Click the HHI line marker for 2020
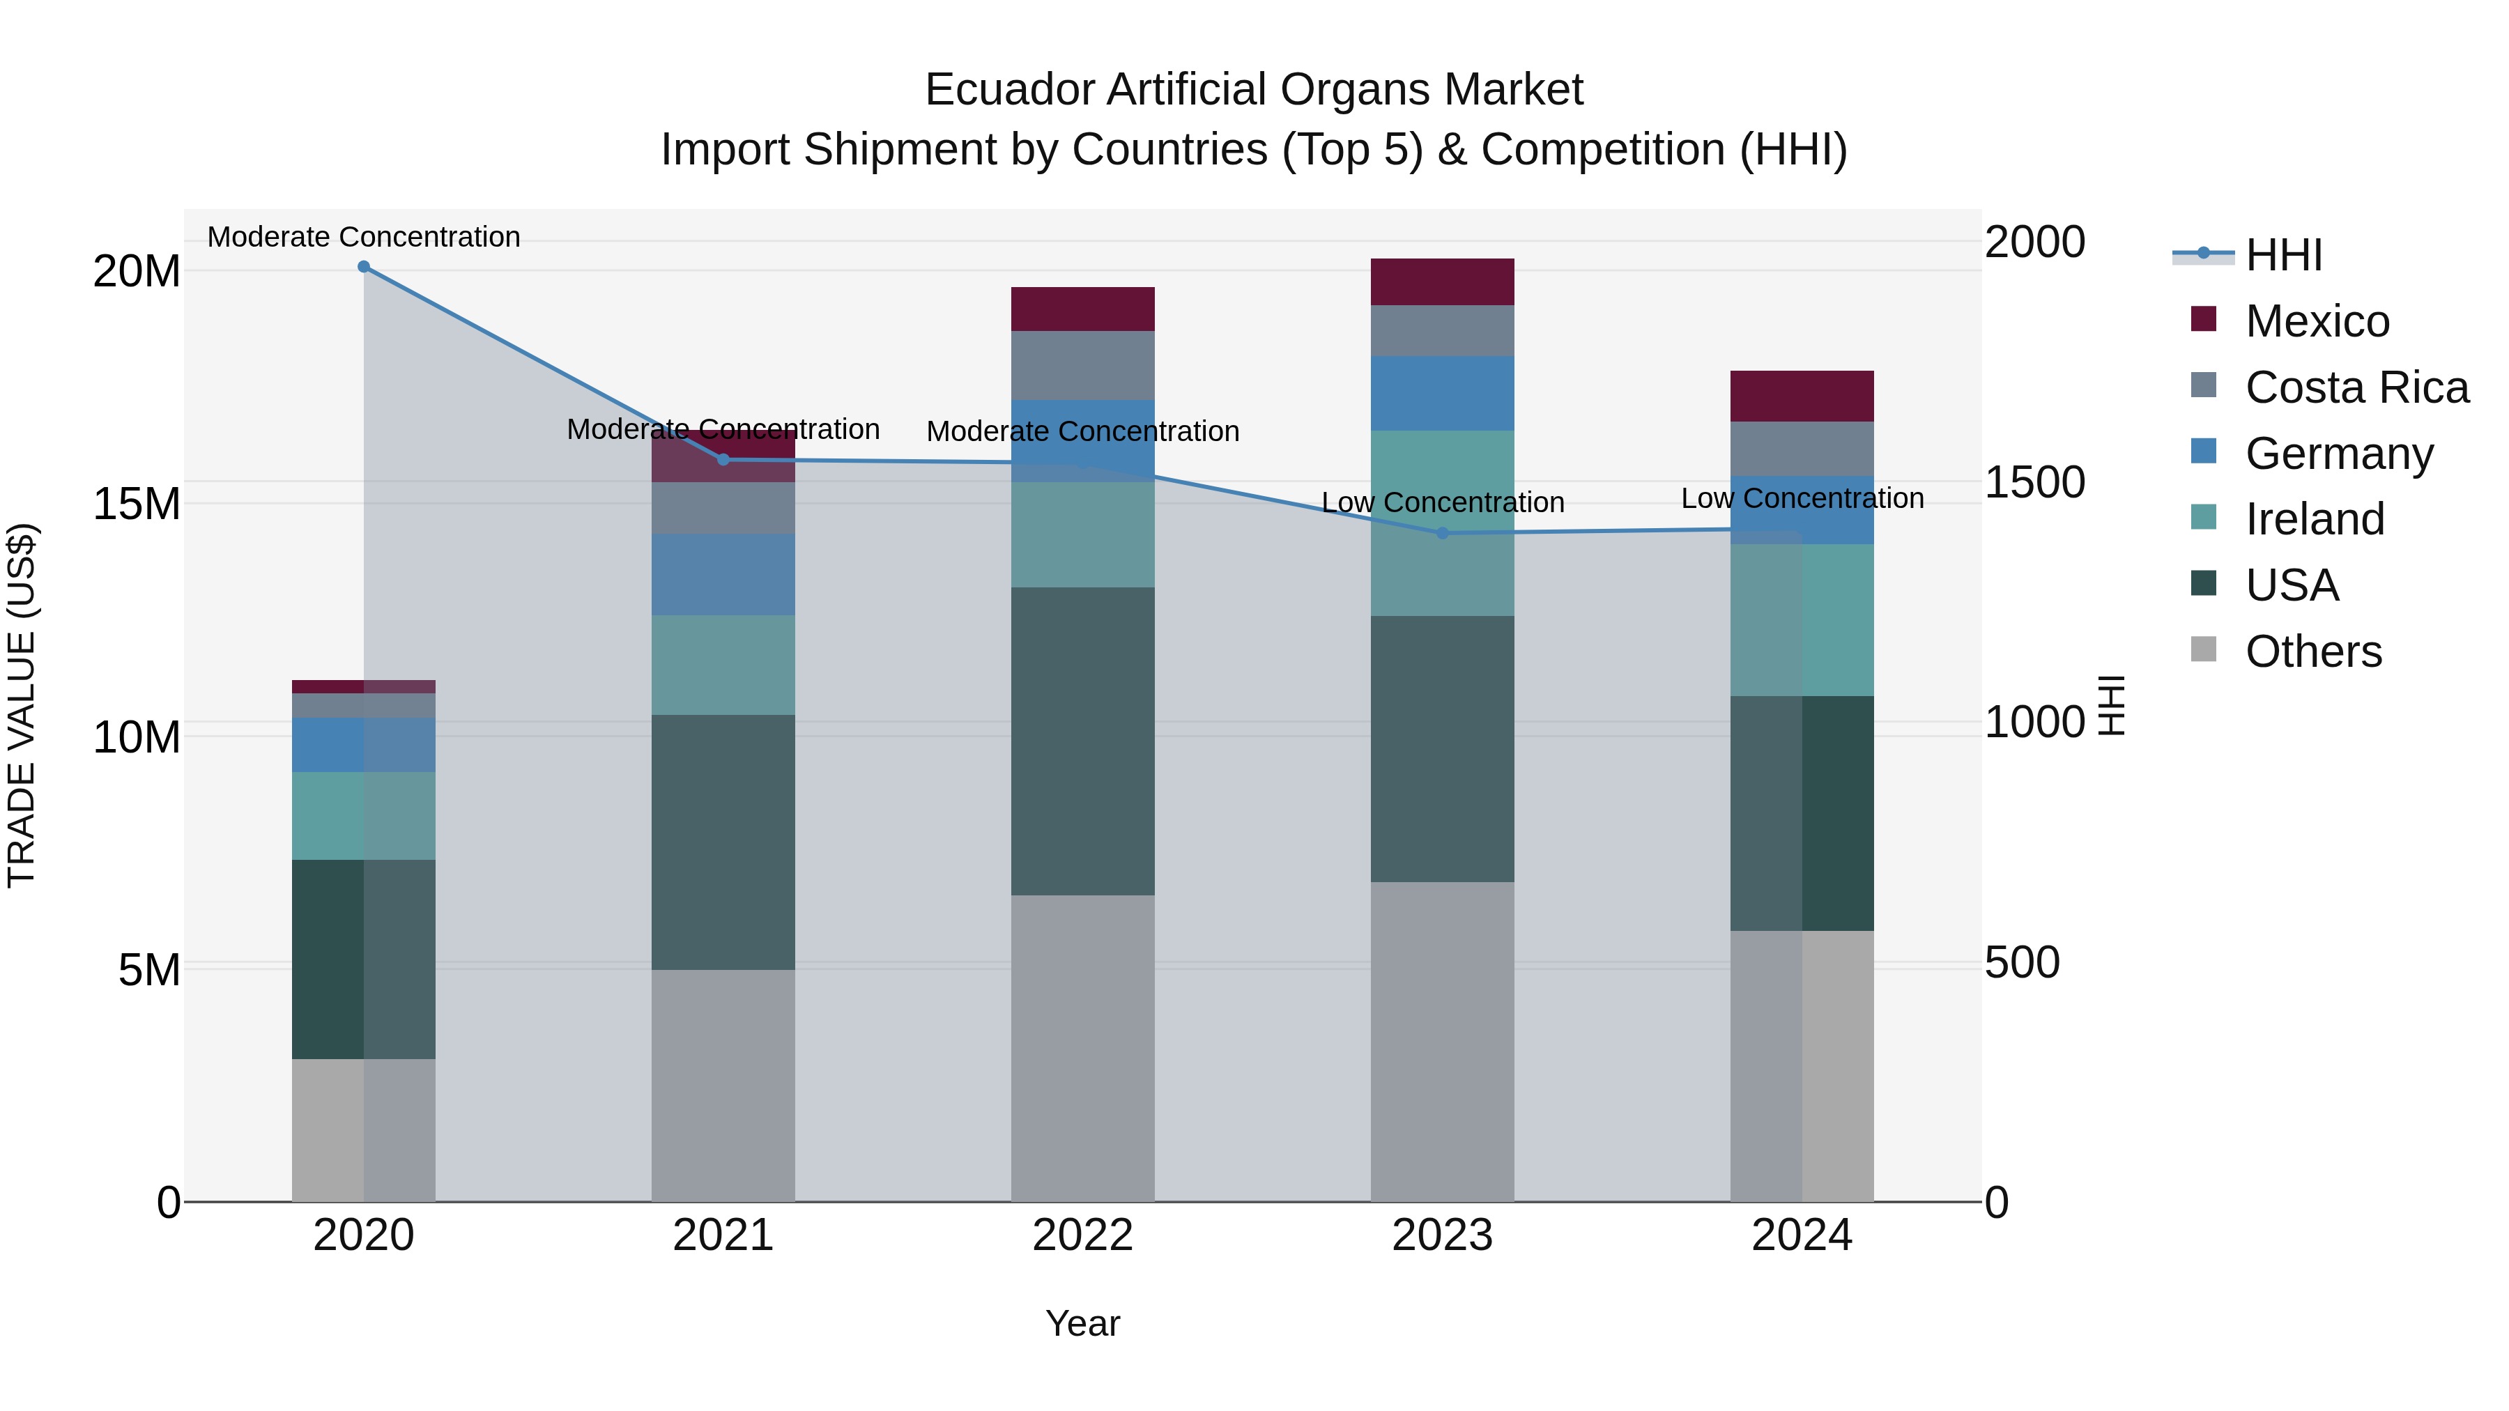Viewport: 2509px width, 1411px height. (363, 267)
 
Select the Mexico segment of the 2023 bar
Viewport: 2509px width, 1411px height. (1443, 282)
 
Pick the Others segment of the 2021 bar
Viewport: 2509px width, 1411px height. (723, 1086)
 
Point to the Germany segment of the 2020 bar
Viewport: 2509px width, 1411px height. (363, 745)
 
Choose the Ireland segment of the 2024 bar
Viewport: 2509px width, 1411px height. (1802, 619)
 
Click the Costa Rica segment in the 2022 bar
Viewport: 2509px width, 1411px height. (1082, 365)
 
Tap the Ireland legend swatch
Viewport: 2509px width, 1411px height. (2203, 518)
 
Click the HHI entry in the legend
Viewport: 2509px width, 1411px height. (2283, 255)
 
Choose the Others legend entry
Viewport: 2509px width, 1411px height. (2312, 651)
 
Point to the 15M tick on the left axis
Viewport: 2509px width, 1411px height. (137, 504)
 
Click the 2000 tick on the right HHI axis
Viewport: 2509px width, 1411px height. (2034, 242)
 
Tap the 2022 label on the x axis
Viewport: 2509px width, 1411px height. (1082, 1235)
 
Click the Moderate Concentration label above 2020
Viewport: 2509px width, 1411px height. (363, 237)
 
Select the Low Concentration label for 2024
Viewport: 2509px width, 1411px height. (1802, 499)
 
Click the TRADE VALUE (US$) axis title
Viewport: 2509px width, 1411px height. (22, 705)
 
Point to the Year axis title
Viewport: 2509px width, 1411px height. (1082, 1323)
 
